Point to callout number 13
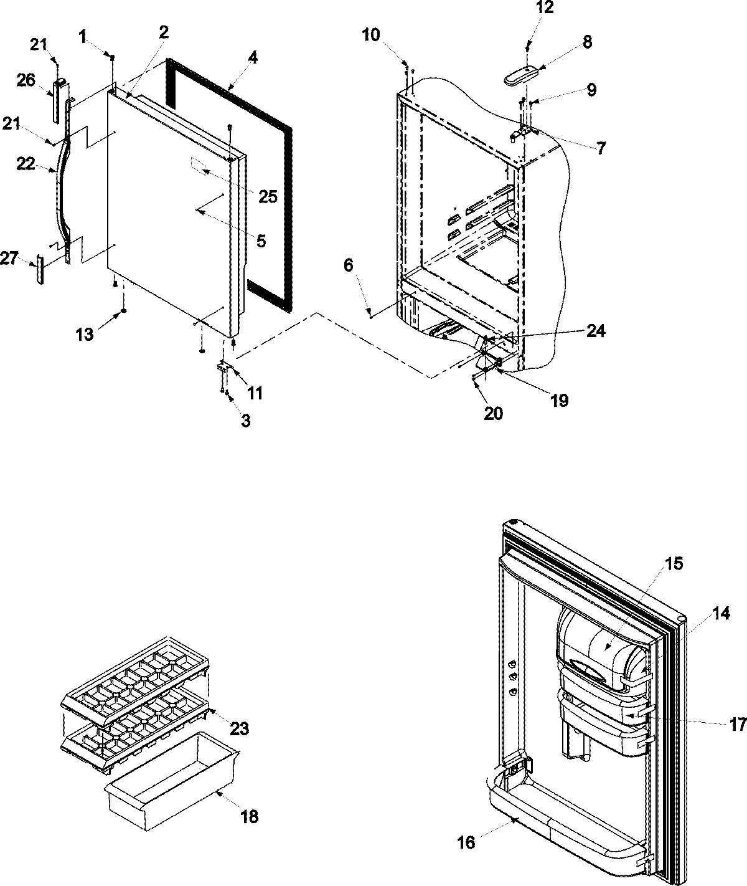[x=85, y=335]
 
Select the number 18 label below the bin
[x=249, y=816]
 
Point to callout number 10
[x=371, y=35]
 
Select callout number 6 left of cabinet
[x=349, y=266]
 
